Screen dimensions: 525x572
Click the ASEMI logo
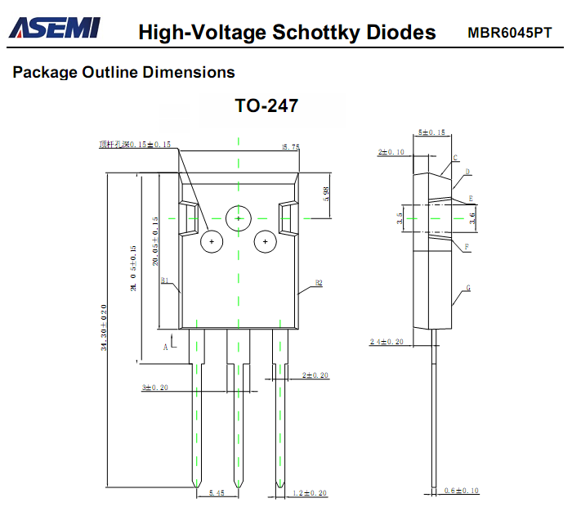pos(54,29)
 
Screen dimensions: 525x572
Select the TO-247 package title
pos(266,106)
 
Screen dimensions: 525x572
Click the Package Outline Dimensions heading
pos(123,72)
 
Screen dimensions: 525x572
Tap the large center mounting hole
pos(238,218)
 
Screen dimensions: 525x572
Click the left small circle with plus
pos(211,242)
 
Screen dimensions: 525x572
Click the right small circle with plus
pos(265,242)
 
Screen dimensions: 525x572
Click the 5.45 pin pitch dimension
pos(217,493)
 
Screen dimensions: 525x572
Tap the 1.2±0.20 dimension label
pos(310,493)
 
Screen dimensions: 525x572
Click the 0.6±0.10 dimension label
pos(462,491)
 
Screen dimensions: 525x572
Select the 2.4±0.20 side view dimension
pos(387,342)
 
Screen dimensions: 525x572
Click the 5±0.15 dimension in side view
pos(431,132)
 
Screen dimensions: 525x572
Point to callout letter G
pos(468,288)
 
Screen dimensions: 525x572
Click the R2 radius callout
pos(318,283)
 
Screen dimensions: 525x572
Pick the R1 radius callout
pos(164,280)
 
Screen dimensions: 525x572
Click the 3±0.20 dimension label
pos(154,388)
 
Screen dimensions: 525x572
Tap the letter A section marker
pos(165,347)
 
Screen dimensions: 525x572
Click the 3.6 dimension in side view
pos(471,218)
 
